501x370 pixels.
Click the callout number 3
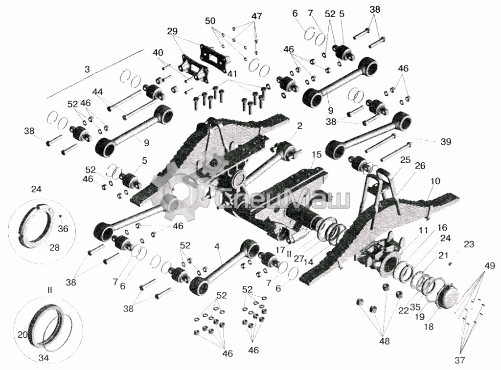87,70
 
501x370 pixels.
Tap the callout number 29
172,31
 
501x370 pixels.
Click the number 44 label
97,91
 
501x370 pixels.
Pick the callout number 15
317,155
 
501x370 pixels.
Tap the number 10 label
435,181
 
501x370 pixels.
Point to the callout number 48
385,341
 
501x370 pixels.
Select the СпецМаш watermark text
284,199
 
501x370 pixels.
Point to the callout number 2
299,126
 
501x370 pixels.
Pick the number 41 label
232,73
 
